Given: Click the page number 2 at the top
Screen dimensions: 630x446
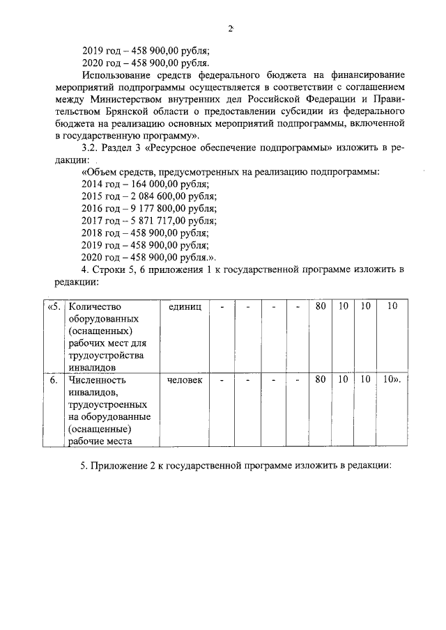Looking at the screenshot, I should pyautogui.click(x=229, y=29).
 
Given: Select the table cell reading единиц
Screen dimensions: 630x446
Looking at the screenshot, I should pyautogui.click(x=185, y=307).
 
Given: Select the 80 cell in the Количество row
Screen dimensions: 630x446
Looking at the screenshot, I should pyautogui.click(x=321, y=307).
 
